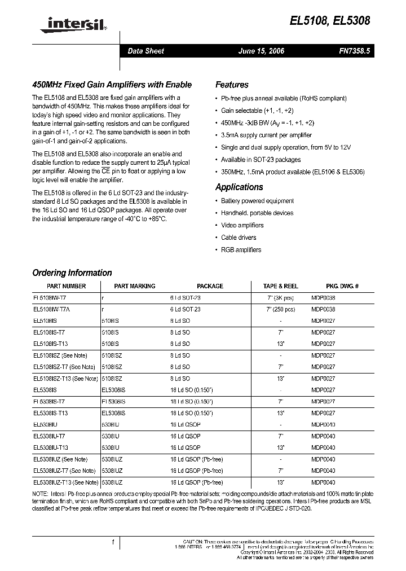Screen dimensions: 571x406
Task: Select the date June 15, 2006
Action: point(261,51)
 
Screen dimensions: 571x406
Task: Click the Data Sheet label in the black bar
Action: point(145,51)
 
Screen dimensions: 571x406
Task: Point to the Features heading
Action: point(232,85)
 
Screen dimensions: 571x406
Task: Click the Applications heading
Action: point(239,187)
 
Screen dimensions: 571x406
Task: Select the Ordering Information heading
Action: point(72,273)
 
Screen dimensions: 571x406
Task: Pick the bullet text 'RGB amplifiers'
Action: point(241,250)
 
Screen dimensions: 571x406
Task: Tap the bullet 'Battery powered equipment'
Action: point(257,201)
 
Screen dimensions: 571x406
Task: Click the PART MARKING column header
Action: point(134,286)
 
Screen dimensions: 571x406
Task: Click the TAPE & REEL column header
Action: point(280,286)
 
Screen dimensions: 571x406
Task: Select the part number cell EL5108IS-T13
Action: point(51,343)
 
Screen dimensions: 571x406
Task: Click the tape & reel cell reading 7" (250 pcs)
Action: point(281,309)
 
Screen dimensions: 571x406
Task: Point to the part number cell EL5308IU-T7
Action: point(49,436)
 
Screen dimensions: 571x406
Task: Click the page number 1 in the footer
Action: point(113,542)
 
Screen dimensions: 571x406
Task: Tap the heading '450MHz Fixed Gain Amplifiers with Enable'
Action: point(112,85)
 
